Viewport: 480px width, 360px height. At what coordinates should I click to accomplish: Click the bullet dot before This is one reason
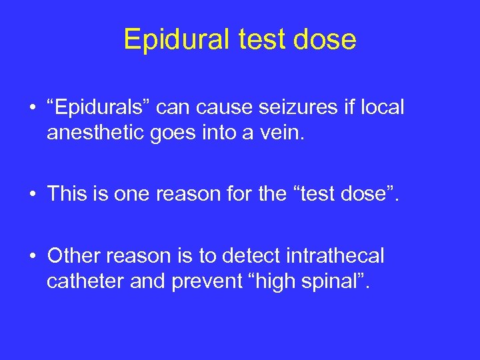tap(31, 195)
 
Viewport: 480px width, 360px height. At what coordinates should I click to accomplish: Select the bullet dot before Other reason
tap(31, 256)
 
